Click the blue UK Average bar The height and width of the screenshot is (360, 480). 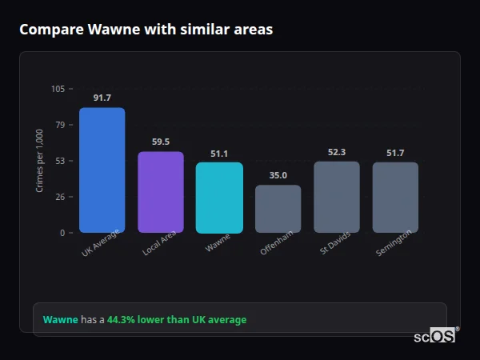102,170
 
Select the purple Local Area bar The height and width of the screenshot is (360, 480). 160,192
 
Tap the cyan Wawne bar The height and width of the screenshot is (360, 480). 219,198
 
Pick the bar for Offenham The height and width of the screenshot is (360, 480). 278,209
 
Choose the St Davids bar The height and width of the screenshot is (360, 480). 336,197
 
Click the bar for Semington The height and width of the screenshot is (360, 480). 395,198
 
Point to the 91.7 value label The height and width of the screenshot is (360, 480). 102,98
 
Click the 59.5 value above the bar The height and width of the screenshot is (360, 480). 160,142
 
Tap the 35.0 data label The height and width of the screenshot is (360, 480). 278,175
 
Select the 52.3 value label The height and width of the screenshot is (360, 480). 336,152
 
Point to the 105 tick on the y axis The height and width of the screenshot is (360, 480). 58,89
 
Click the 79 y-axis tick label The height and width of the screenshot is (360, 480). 60,125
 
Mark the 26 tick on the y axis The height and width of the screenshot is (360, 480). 60,197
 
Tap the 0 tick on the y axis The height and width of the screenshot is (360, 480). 62,233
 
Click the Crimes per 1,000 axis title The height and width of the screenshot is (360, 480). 40,161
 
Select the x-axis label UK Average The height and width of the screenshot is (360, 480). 100,243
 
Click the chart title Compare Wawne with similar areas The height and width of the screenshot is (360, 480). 146,30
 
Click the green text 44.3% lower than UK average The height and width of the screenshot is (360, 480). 177,319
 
